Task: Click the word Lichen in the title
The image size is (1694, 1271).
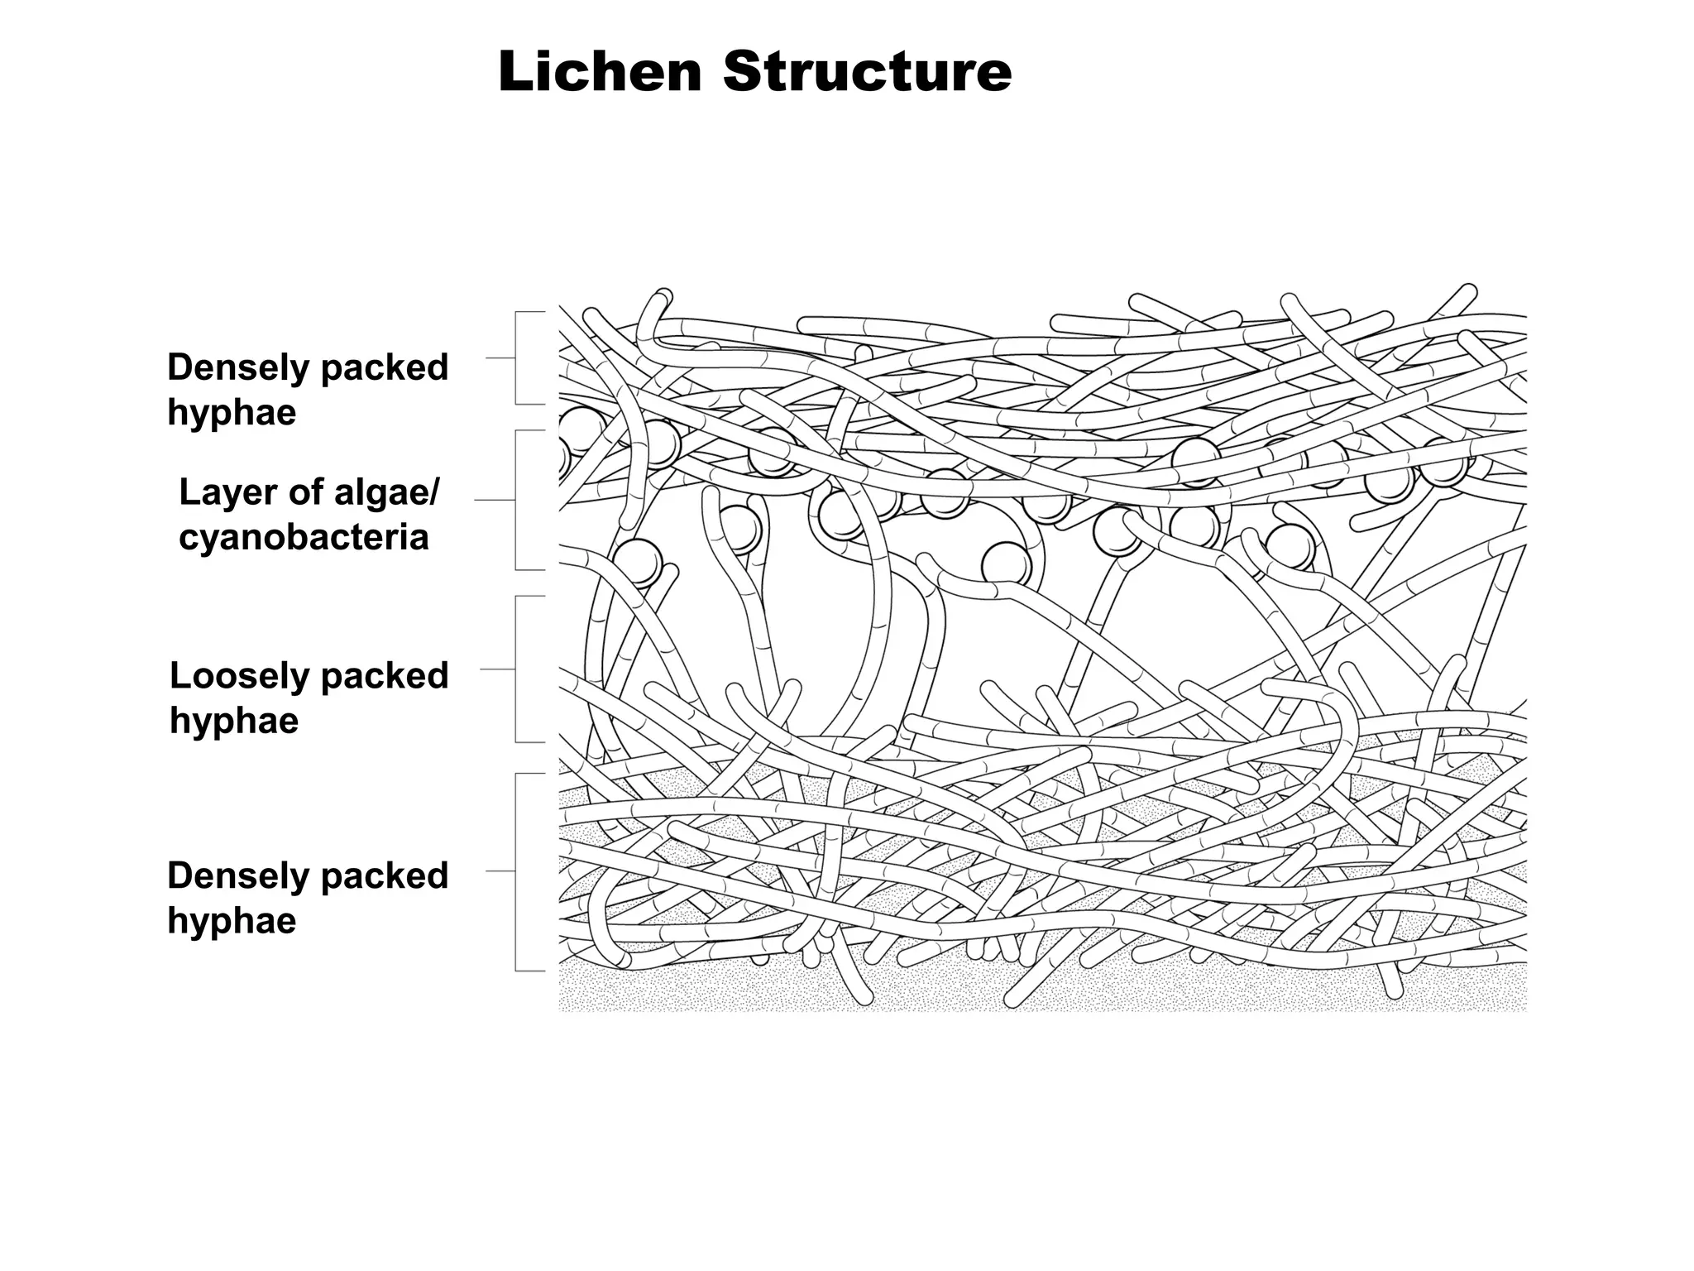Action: [601, 72]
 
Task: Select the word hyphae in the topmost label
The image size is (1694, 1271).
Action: [232, 412]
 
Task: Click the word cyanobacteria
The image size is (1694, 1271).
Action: [304, 537]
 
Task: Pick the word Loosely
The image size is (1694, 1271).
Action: [239, 676]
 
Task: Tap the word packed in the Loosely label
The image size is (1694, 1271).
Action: [384, 676]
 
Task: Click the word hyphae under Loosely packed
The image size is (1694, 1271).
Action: [234, 721]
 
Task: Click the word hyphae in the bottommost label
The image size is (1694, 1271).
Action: [232, 921]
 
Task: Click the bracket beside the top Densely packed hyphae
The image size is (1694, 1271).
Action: [517, 358]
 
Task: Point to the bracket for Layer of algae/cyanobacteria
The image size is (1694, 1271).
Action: [517, 500]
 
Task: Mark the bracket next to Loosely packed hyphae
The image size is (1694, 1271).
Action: [517, 669]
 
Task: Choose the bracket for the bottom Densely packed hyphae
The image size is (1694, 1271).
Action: [517, 871]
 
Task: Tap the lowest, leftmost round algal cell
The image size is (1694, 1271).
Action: [638, 560]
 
